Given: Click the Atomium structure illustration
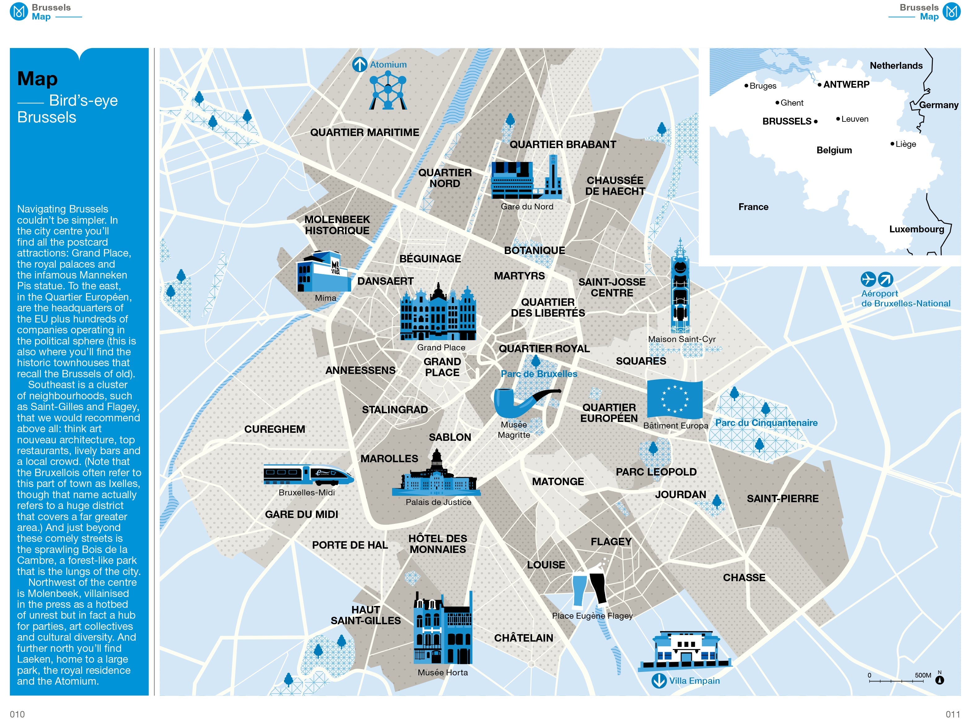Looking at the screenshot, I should click(388, 91).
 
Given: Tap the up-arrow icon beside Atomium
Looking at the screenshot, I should click(359, 64).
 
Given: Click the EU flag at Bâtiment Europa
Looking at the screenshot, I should click(674, 399).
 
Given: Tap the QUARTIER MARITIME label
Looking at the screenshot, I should click(364, 132).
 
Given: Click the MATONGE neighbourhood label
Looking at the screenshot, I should click(558, 482).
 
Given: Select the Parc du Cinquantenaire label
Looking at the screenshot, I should click(766, 423).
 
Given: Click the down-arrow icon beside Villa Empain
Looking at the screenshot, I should click(659, 681).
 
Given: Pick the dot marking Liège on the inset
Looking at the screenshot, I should click(892, 144).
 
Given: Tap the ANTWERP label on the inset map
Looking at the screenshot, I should click(846, 85).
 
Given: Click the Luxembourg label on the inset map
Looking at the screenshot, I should click(916, 229).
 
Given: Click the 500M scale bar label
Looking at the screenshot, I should click(923, 675).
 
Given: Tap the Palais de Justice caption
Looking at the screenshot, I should click(438, 502).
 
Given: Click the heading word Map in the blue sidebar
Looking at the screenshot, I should click(37, 79).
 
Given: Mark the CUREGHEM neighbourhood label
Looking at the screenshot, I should click(275, 429).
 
